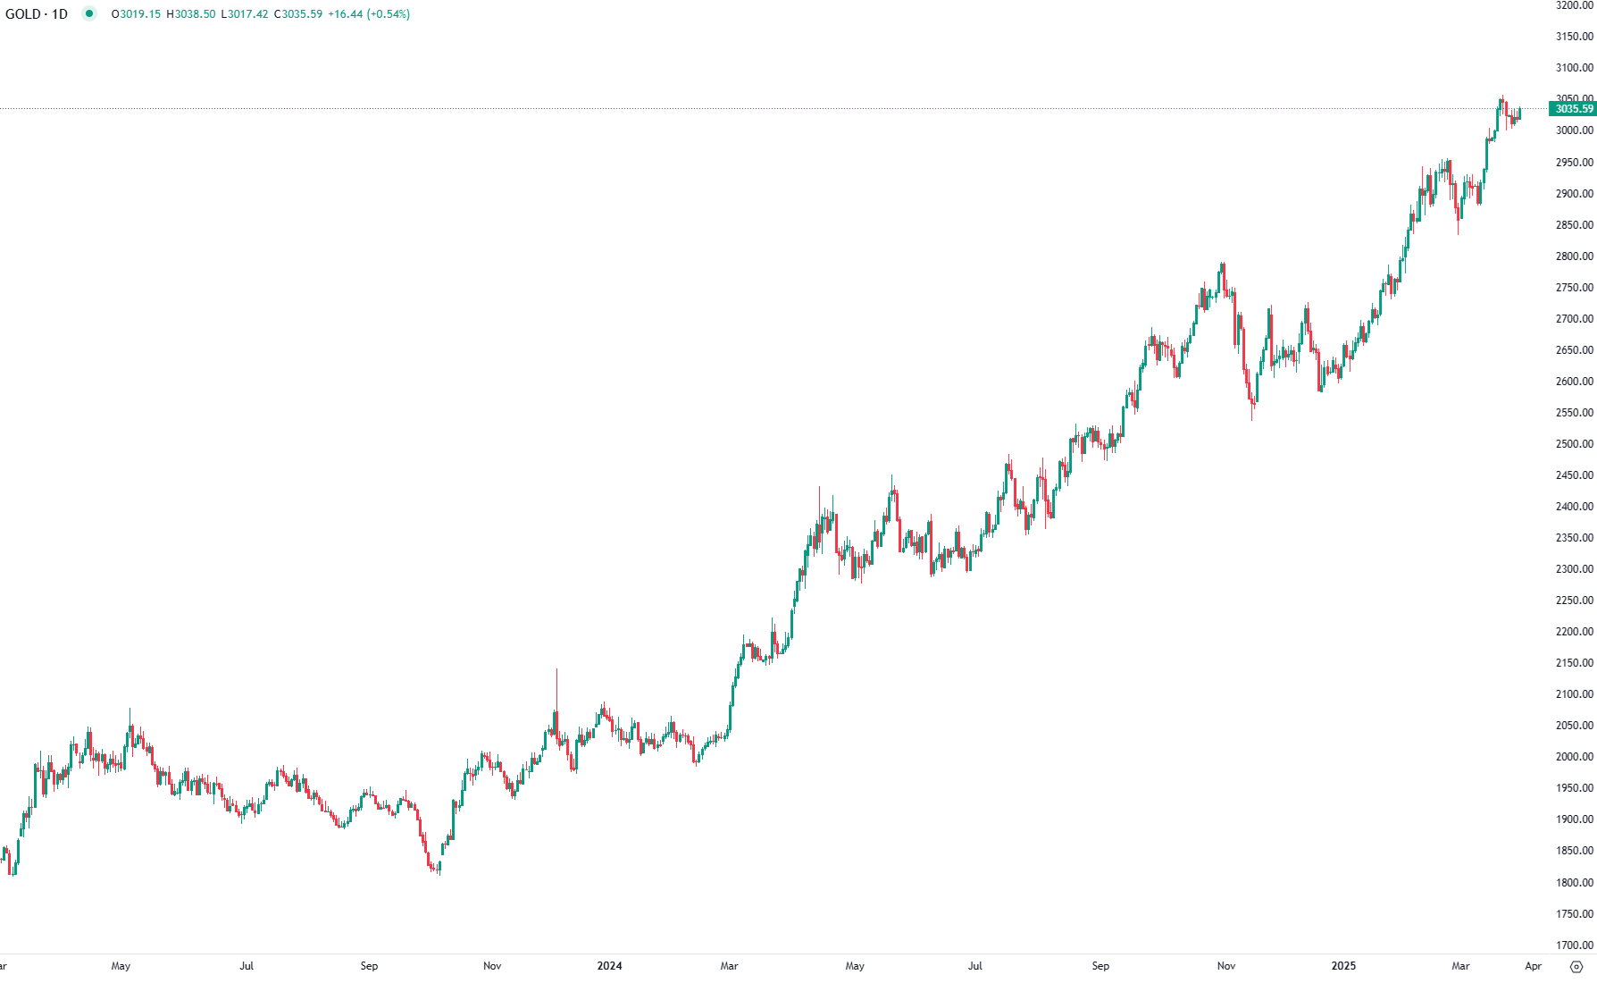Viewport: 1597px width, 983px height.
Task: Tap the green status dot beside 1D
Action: pos(88,13)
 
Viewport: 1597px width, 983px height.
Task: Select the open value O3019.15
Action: pos(136,14)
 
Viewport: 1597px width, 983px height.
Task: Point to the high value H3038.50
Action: pos(190,14)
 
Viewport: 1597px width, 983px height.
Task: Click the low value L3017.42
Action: pos(244,14)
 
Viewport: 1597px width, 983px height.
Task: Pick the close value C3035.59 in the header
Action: pos(297,14)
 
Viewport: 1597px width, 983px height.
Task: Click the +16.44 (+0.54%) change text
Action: pos(369,14)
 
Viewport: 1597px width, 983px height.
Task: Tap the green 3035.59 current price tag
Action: pos(1573,109)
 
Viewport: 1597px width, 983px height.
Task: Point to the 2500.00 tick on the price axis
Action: pos(1574,444)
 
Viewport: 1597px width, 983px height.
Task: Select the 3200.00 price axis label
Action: pos(1574,5)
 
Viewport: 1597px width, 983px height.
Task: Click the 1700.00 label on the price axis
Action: pos(1574,945)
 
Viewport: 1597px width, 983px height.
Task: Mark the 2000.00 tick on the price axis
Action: pos(1574,757)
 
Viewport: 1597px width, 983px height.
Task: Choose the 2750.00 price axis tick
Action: pos(1574,288)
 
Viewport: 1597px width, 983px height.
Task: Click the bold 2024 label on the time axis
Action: pos(609,966)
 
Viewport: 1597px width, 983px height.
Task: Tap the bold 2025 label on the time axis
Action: pos(1342,966)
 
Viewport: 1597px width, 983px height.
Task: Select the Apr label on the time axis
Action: pos(1533,966)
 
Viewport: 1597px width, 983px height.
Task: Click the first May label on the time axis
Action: pos(121,966)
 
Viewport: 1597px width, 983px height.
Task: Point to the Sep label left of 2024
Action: pos(369,966)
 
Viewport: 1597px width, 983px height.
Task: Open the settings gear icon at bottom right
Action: pos(1576,966)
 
